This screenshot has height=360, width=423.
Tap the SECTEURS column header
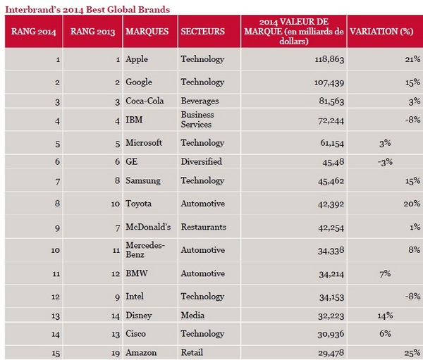202,32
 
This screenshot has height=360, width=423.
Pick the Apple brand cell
136,59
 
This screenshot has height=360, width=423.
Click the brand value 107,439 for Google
326,82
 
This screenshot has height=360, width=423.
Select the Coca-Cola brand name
143,101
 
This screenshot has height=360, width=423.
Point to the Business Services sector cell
197,119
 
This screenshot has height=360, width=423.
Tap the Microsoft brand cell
143,142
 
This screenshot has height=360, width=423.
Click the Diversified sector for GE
201,161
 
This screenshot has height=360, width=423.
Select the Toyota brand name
140,204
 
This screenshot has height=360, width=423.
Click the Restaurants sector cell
203,227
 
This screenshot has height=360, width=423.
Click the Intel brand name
135,297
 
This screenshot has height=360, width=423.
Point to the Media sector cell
191,316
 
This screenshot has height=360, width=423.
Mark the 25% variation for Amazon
412,352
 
